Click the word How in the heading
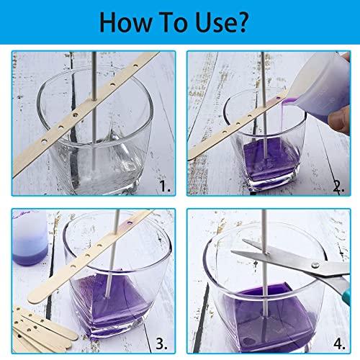click(x=125, y=22)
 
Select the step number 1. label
click(x=165, y=186)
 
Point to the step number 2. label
click(x=338, y=186)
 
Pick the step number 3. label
click(x=161, y=343)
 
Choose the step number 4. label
click(x=339, y=343)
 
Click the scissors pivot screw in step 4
click(x=315, y=265)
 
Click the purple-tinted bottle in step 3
click(x=30, y=238)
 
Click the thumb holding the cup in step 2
click(x=339, y=120)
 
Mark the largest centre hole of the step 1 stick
click(x=76, y=115)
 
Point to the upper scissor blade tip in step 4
click(x=243, y=240)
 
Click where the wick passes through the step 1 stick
click(x=94, y=99)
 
